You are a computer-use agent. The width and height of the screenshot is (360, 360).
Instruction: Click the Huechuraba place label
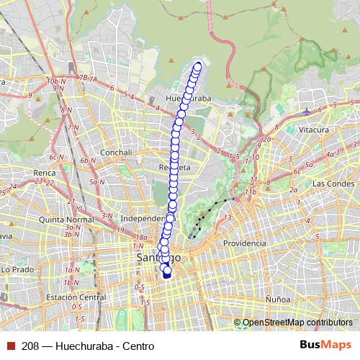click(188, 97)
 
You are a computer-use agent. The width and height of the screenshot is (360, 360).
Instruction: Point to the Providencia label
click(245, 244)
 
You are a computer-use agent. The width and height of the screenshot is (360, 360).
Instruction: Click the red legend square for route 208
click(9, 346)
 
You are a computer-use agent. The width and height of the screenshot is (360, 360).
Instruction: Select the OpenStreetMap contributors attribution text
click(297, 323)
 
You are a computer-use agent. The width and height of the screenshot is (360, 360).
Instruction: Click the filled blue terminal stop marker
click(167, 273)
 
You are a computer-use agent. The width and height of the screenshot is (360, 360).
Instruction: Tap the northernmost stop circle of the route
click(198, 66)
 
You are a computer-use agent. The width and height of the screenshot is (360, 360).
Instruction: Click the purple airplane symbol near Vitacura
click(307, 112)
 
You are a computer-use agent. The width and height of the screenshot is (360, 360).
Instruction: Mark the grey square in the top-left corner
click(4, 4)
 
